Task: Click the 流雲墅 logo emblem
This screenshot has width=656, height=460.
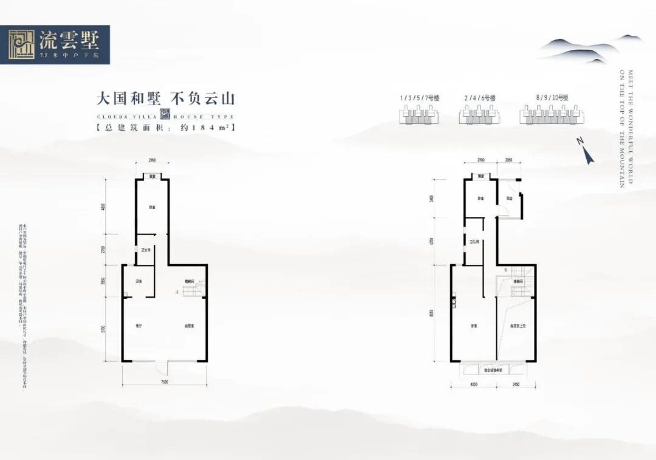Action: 22,44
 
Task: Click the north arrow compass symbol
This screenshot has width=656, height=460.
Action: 586,151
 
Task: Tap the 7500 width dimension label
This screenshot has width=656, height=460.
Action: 164,382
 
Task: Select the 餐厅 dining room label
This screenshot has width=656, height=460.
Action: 138,326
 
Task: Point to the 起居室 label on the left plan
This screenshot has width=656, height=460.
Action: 190,326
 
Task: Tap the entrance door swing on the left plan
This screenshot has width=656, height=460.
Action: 160,366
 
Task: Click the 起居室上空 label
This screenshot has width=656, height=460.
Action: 518,326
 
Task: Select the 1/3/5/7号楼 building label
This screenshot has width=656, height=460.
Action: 419,97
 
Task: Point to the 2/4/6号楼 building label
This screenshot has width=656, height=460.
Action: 480,97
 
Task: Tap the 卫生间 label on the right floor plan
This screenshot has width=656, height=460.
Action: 475,242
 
